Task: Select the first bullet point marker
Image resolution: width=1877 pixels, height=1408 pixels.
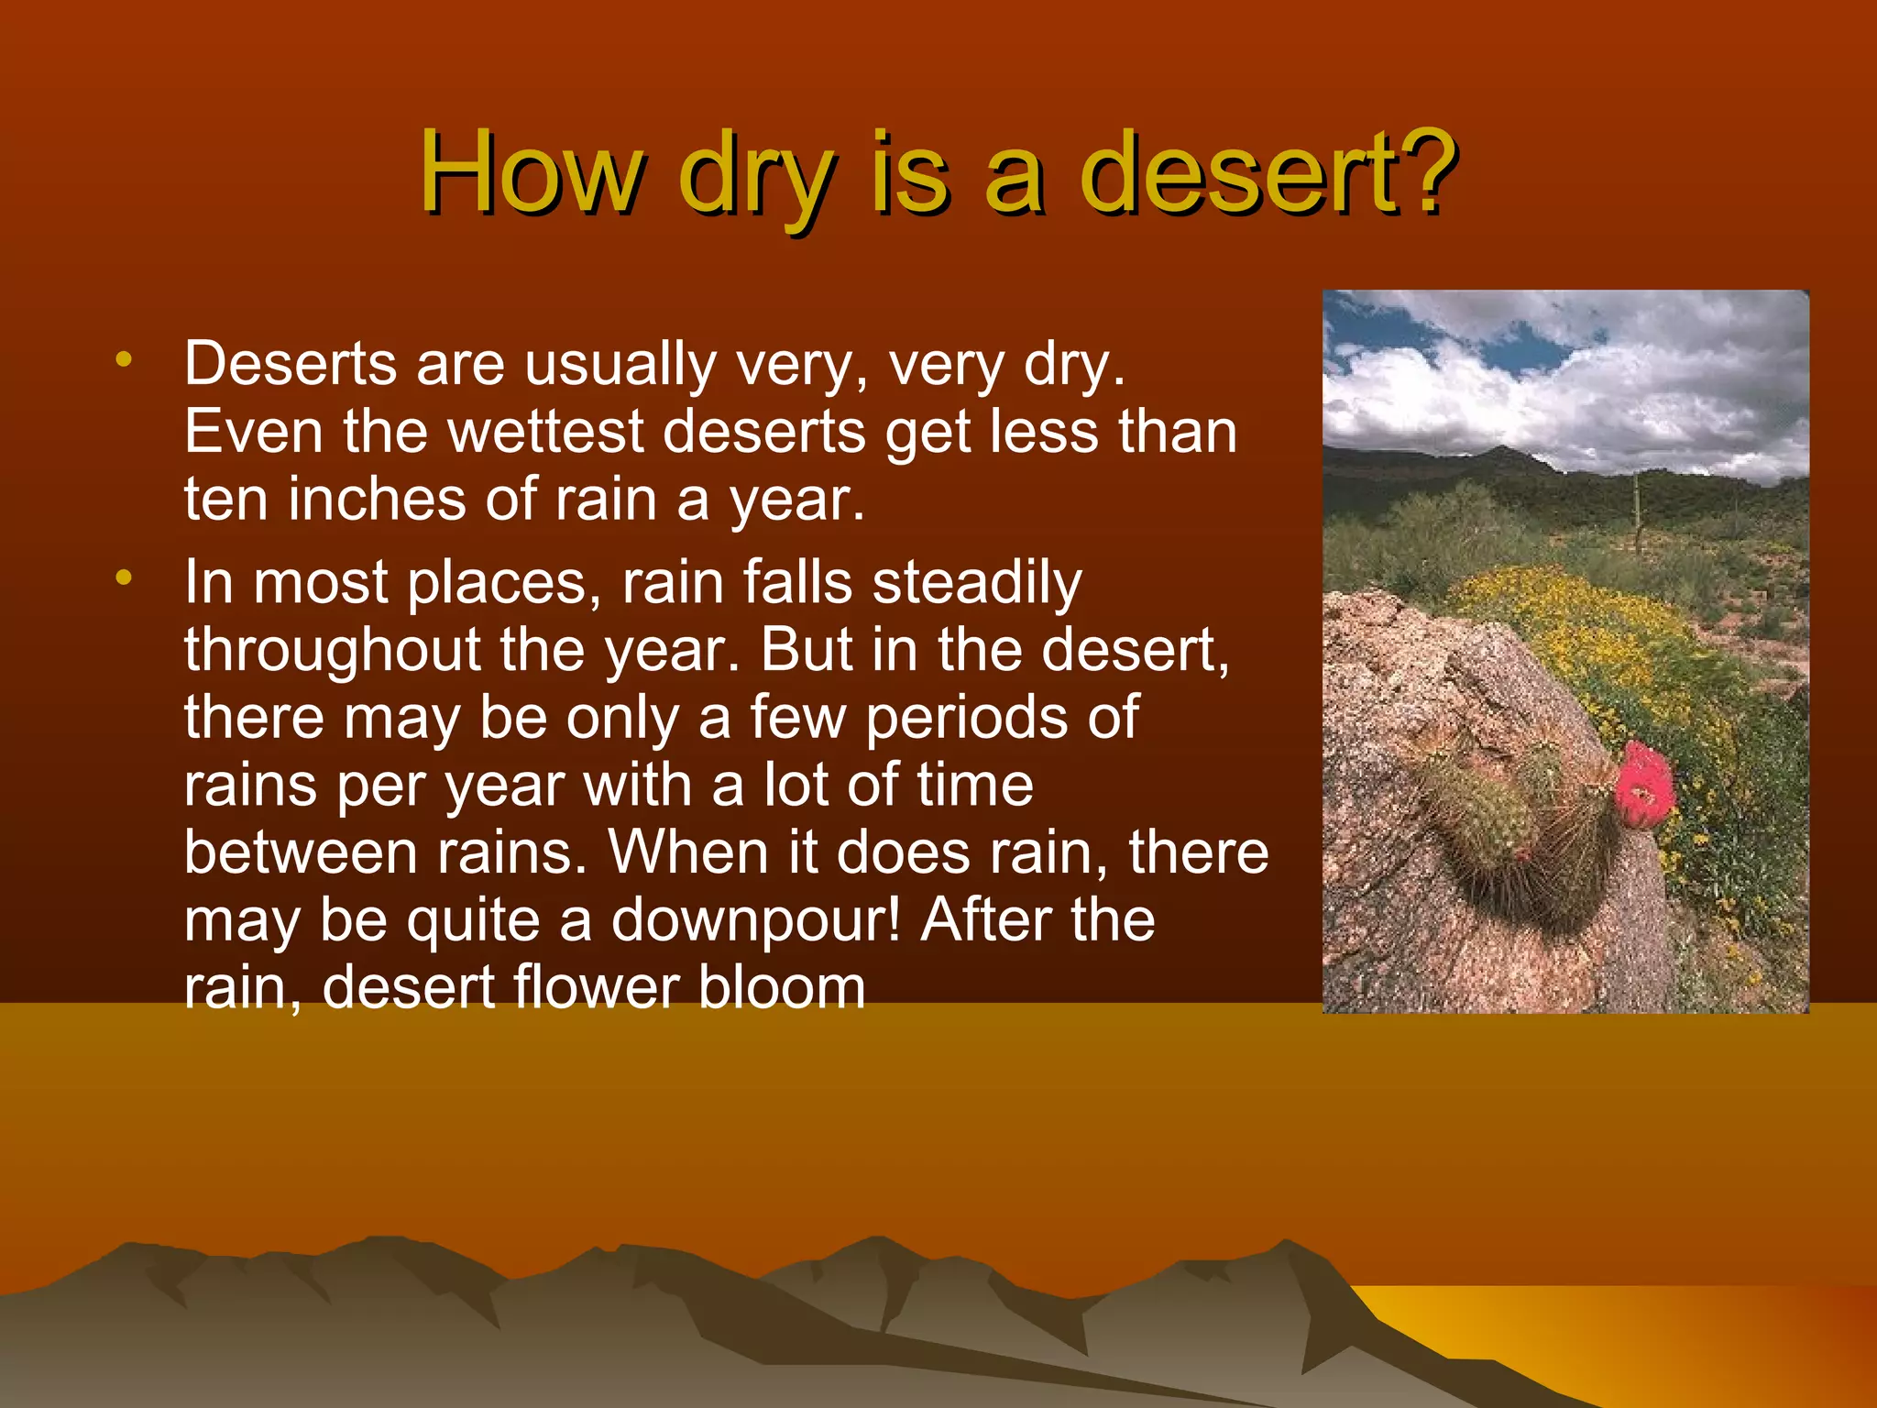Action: tap(124, 359)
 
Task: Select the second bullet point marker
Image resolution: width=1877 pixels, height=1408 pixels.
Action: tap(124, 577)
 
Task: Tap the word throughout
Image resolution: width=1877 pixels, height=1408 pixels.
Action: tap(333, 650)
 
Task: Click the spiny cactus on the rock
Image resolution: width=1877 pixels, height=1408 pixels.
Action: tap(1512, 816)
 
